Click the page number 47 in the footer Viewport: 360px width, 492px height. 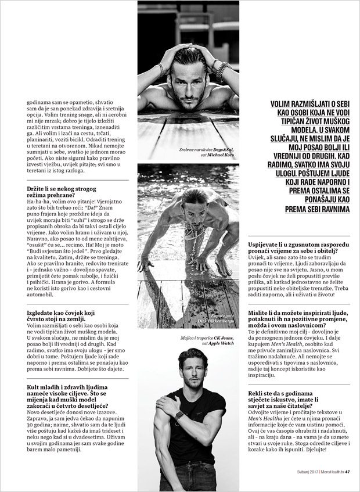(347, 471)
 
